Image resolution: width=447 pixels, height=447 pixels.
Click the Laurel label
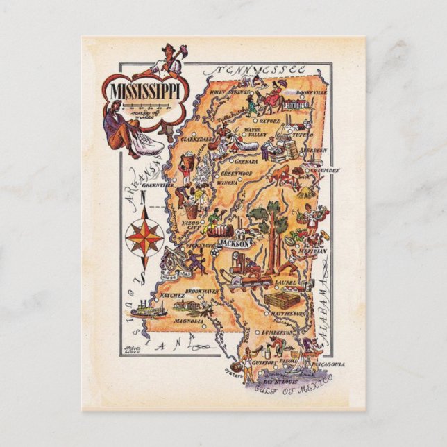[287, 283]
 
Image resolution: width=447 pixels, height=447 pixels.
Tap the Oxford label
[270, 120]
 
